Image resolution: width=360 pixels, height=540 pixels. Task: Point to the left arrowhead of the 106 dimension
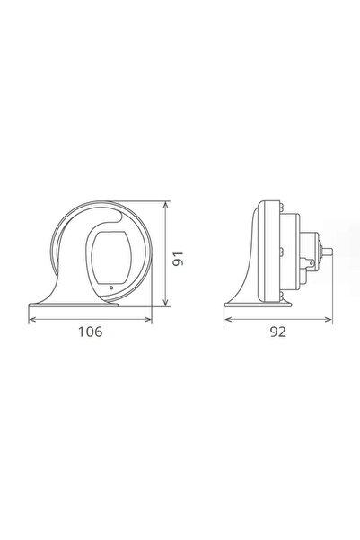pos(32,315)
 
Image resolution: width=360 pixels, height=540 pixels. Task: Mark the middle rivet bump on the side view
pos(281,254)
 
